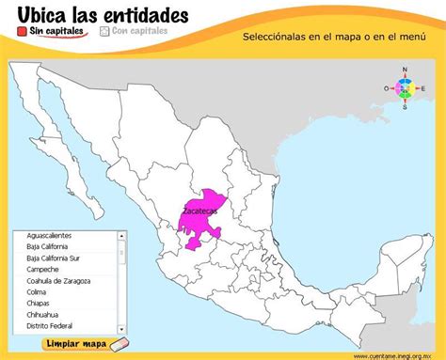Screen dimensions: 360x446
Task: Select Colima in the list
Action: (x=39, y=291)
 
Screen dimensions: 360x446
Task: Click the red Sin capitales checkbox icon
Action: (x=22, y=31)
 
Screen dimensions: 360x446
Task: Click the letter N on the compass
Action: (x=405, y=70)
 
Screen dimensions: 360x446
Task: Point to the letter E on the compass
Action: (x=423, y=88)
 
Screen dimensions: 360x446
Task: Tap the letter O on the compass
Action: (x=386, y=88)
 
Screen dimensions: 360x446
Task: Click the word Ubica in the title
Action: (x=43, y=12)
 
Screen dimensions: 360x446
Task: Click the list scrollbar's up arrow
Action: (x=121, y=236)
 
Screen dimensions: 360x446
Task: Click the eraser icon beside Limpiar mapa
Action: (x=118, y=344)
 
